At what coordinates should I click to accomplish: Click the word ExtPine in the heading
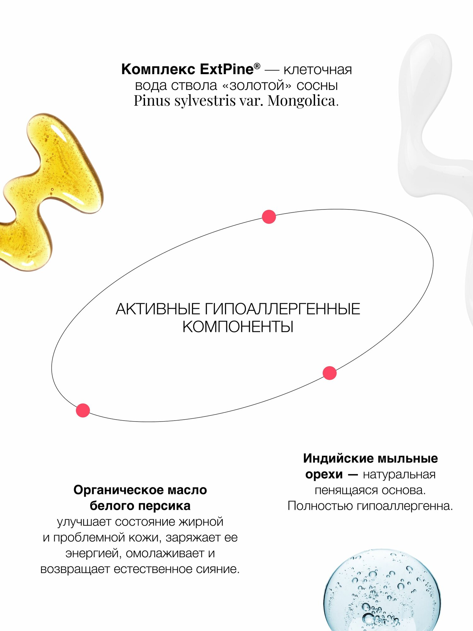(226, 69)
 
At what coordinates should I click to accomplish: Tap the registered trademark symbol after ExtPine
(257, 66)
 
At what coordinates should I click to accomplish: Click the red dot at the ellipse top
(269, 217)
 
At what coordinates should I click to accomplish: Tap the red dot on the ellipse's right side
(330, 373)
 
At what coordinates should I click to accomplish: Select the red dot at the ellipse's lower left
(83, 410)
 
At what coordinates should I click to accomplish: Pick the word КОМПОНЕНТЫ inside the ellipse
(238, 327)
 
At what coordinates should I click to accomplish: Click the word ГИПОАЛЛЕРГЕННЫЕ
(283, 309)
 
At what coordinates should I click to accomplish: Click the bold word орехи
(324, 474)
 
